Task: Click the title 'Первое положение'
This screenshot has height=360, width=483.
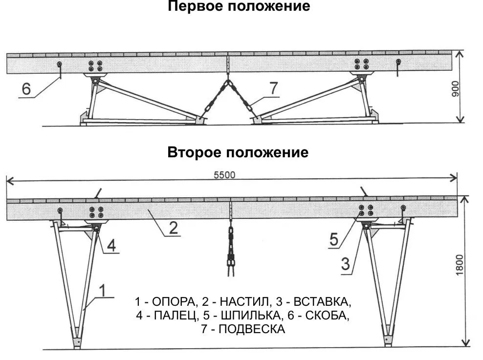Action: point(239,7)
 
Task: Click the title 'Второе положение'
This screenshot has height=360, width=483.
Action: point(238,152)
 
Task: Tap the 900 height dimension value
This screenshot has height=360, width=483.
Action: point(454,88)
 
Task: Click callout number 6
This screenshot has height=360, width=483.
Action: point(26,89)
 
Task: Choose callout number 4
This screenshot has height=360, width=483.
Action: point(111,246)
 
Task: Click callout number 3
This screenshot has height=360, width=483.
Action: point(345,265)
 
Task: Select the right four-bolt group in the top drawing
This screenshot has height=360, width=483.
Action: point(362,64)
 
